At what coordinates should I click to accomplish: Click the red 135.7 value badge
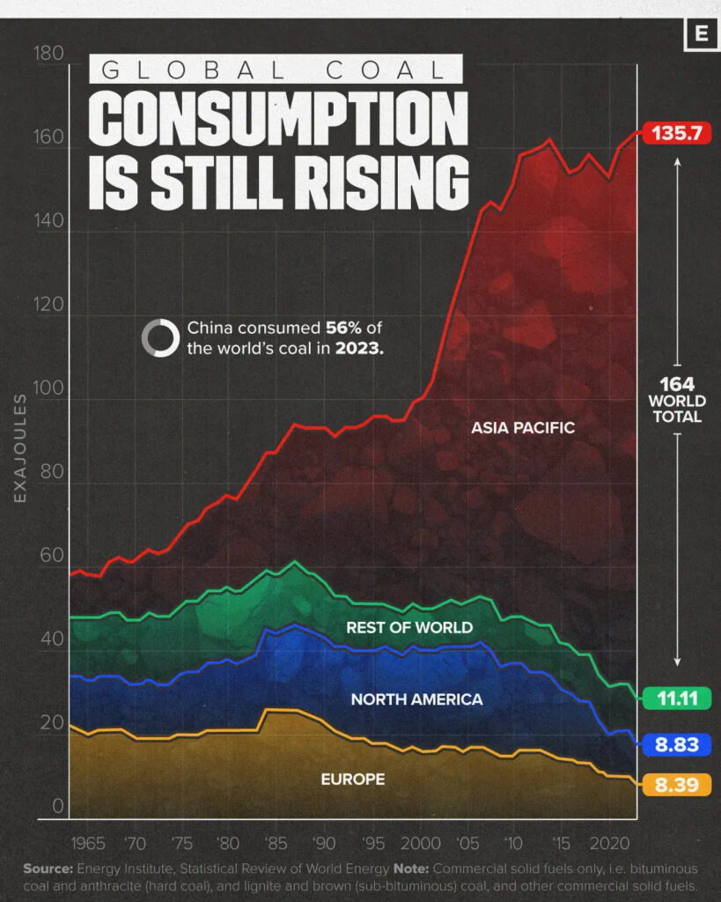676,133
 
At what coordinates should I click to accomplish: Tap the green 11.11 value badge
676,699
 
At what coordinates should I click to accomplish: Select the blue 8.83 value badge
676,744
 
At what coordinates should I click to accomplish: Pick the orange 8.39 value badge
676,784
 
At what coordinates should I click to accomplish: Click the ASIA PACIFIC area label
523,428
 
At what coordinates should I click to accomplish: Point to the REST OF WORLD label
408,628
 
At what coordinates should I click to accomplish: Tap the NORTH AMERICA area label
416,699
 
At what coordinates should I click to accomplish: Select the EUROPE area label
352,780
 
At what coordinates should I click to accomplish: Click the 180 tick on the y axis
49,55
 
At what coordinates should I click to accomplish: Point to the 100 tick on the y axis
49,388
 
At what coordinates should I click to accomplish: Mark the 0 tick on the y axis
57,806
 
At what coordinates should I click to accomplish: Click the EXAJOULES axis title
19,448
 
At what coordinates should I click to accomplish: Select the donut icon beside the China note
160,337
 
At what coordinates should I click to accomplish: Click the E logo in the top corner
701,34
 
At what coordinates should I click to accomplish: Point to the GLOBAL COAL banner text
276,70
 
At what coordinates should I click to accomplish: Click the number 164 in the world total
677,384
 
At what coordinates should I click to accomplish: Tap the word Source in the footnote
47,869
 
